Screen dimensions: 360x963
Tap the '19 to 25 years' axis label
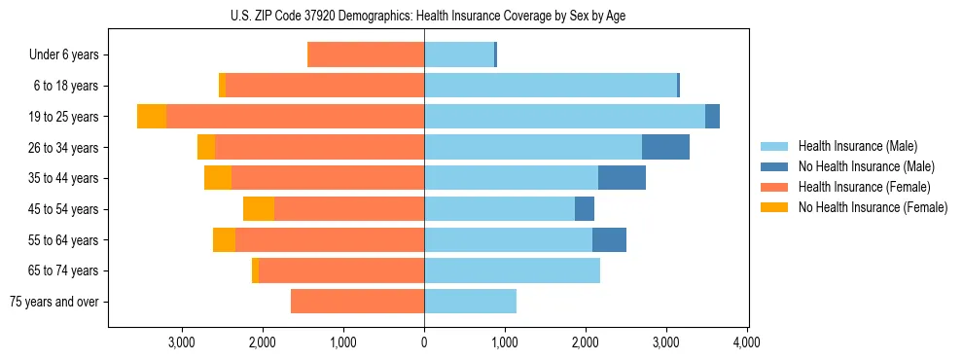(65, 117)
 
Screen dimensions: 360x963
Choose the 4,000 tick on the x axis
(746, 342)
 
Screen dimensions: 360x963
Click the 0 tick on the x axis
(424, 342)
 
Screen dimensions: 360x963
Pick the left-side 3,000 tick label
(182, 342)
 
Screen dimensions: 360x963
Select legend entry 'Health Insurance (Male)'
(857, 146)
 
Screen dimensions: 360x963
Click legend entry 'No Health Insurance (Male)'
(866, 166)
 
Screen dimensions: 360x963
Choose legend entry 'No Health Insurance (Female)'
(873, 207)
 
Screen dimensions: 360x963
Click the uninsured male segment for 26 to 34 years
(665, 147)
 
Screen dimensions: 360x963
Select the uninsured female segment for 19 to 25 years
(152, 117)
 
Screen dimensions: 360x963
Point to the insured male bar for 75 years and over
(470, 302)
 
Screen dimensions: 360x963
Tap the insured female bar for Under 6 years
(366, 55)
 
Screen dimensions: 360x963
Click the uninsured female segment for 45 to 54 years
(259, 209)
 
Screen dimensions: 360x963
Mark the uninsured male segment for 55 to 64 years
(609, 239)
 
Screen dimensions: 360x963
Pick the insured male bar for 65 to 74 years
(512, 270)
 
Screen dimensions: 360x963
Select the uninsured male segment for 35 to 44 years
(622, 178)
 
